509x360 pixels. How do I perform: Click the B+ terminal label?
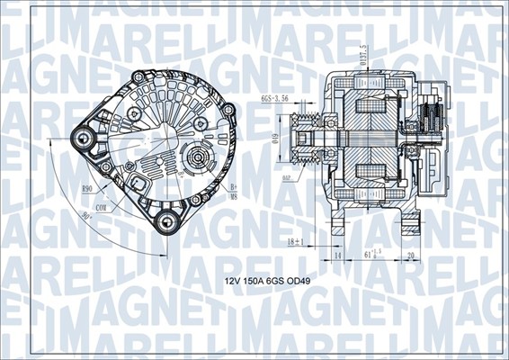233,186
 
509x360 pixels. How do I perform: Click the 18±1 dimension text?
295,242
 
